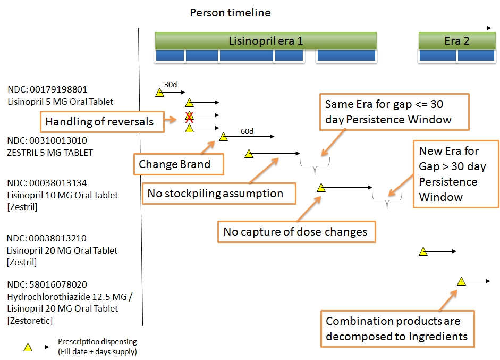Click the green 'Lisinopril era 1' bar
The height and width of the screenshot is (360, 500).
click(x=266, y=41)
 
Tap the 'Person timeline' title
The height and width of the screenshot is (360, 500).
click(x=230, y=12)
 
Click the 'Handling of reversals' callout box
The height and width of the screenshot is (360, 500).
click(x=99, y=122)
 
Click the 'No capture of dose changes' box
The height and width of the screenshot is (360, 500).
click(x=295, y=231)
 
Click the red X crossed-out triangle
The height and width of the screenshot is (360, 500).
click(x=189, y=116)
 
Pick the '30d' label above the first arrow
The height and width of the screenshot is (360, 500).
click(x=171, y=85)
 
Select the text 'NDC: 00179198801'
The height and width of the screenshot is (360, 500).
click(x=47, y=89)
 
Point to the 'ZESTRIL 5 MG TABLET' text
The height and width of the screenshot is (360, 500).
click(x=50, y=153)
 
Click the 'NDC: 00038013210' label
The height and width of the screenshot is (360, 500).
click(x=47, y=238)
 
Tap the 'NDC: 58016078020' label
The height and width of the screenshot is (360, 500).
click(x=47, y=284)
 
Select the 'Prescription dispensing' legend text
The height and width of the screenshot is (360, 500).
click(x=97, y=341)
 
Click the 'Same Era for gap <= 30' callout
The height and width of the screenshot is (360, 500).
click(x=394, y=111)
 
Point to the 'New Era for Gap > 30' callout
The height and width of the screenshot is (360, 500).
click(x=456, y=174)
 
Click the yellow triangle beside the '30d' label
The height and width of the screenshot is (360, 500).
click(x=159, y=93)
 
